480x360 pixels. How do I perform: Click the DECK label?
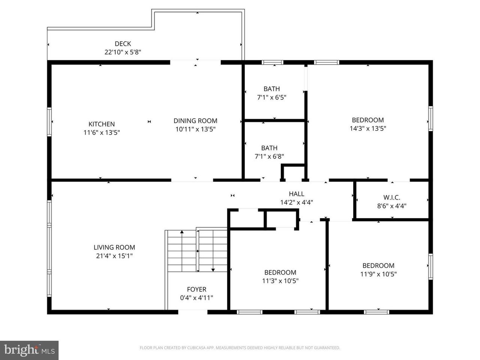coord(123,44)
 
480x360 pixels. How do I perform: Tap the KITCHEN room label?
coord(102,124)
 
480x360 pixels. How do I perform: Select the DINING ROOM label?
coord(195,121)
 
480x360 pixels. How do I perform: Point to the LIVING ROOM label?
coord(114,247)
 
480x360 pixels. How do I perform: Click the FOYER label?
coord(196,289)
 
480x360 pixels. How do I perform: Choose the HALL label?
coord(296,193)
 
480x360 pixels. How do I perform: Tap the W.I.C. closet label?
coord(391,197)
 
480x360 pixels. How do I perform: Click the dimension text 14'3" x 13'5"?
coord(368,128)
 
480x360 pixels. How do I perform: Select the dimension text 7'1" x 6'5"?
coord(271,97)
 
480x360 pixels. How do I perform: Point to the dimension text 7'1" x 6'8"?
coord(269,156)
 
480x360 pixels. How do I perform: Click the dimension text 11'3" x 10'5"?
coord(280,280)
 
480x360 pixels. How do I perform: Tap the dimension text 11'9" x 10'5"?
coord(378,274)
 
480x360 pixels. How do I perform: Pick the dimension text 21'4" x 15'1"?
coord(114,256)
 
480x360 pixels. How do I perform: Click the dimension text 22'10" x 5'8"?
coord(123,52)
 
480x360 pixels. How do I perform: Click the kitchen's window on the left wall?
coord(49,122)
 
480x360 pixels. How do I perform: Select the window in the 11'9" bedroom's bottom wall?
coord(376,312)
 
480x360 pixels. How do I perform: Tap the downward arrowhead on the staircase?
coord(213,270)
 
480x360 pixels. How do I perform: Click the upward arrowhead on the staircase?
coord(182,232)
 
